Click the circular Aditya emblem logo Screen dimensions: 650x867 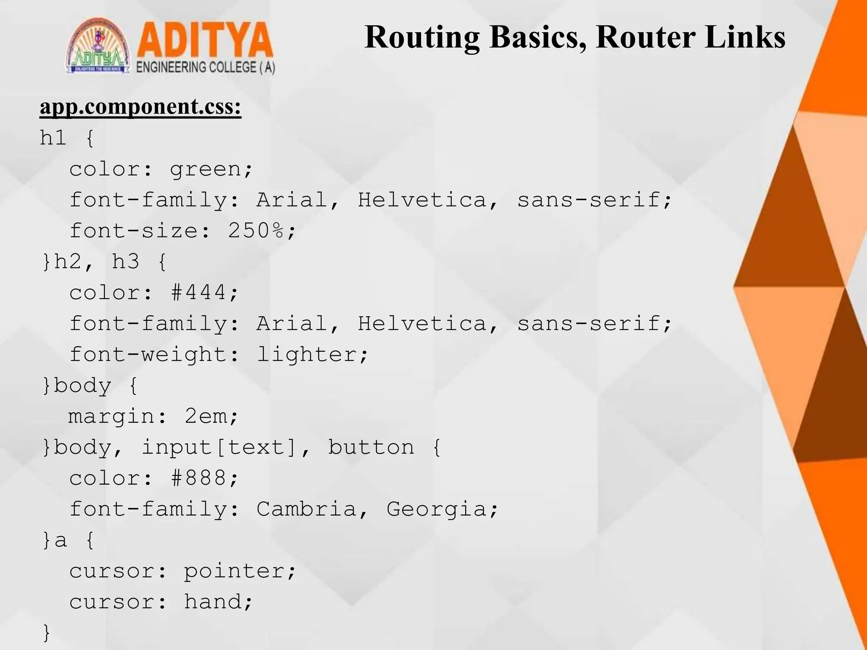coord(98,48)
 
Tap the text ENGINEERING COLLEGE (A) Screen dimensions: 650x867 coord(206,68)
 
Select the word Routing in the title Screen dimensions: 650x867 coord(422,37)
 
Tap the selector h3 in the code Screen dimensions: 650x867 coord(126,262)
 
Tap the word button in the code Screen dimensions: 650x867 coord(371,448)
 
